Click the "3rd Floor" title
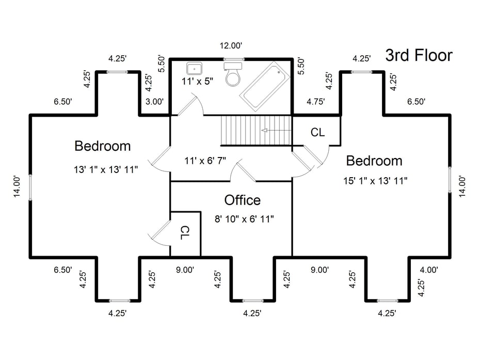[419, 55]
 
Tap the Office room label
[243, 200]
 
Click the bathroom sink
[195, 68]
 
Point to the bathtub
[265, 86]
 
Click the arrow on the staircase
[276, 131]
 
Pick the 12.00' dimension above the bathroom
[231, 45]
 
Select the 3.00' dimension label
[155, 101]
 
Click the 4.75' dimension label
[315, 101]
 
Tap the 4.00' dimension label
[429, 270]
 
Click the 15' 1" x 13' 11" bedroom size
[375, 181]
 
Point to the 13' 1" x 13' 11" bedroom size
[106, 169]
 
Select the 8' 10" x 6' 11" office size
[244, 219]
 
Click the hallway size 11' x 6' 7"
[205, 160]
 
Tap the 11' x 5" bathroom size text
[197, 82]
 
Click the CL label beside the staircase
[317, 132]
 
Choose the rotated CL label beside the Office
[185, 233]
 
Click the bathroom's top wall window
[233, 59]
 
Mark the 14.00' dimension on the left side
[17, 186]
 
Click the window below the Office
[252, 301]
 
